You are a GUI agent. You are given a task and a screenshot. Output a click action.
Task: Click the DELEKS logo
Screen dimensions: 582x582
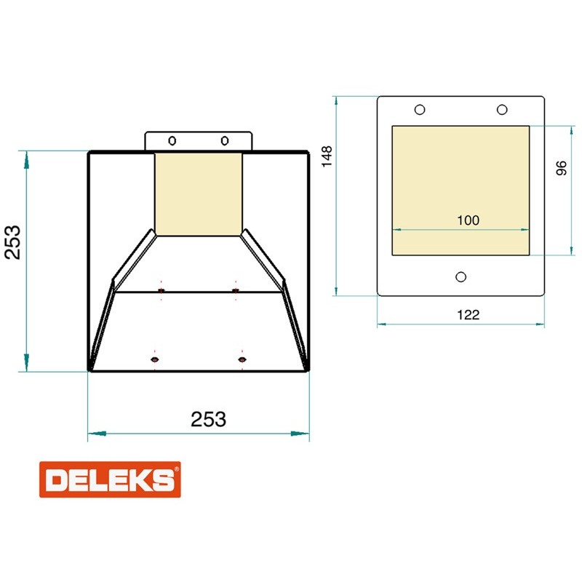(110, 479)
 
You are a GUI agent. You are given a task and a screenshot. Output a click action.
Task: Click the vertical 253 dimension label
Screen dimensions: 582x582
(12, 242)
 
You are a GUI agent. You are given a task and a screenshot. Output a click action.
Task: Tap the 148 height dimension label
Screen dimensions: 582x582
(327, 156)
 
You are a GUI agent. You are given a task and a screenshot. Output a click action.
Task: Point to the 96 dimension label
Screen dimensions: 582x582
(562, 168)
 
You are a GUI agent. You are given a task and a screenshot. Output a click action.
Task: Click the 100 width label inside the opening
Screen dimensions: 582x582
(468, 220)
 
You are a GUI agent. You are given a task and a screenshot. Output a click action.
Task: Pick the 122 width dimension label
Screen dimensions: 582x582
(468, 315)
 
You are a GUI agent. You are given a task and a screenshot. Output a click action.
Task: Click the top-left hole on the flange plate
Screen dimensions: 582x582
(420, 110)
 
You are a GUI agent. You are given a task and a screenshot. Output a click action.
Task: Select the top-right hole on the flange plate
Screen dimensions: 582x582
(502, 110)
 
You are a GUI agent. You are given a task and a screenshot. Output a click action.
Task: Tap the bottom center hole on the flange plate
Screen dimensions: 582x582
(461, 277)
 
